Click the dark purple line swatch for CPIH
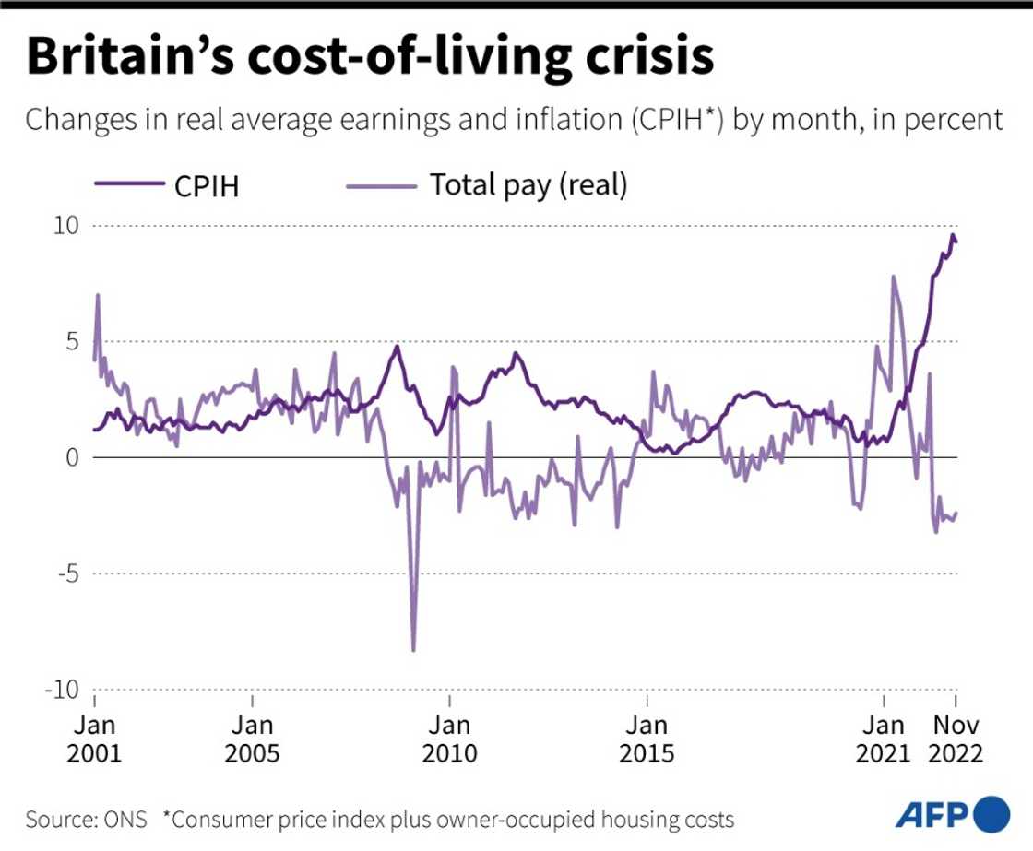128,185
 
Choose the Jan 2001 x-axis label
94,739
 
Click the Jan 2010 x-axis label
450,739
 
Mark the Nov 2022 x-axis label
956,739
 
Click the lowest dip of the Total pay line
413,650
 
